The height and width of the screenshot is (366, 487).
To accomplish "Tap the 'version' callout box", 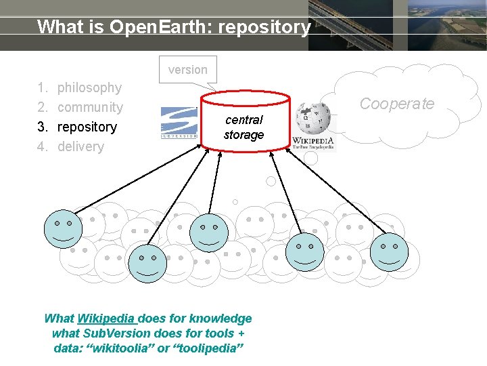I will point(188,69).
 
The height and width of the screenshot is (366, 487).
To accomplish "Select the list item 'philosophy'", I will point(89,87).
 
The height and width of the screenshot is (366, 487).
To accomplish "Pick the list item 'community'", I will point(90,107).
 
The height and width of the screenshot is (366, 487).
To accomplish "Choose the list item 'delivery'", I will point(80,146).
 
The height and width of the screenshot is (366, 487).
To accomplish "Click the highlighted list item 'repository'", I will point(87,127).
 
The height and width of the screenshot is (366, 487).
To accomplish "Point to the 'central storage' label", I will point(243,127).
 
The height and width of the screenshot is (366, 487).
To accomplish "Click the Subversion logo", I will point(179,123).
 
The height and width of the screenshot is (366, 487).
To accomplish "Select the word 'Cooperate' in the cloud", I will point(396,104).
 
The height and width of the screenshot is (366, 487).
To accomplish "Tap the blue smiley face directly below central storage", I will point(208,233).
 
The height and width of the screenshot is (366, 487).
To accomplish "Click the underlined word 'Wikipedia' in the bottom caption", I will point(108,319).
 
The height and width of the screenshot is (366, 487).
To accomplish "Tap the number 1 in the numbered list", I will point(41,87).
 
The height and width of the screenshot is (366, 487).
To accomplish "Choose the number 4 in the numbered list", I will point(41,146).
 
